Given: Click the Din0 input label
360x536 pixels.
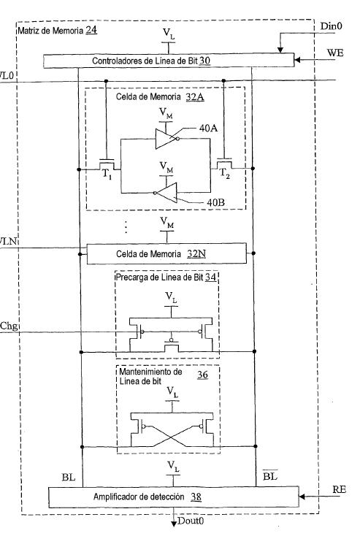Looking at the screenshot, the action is pyautogui.click(x=331, y=26).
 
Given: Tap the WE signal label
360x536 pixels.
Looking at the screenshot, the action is pyautogui.click(x=335, y=53).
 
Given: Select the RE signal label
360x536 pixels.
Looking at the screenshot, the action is pyautogui.click(x=339, y=489).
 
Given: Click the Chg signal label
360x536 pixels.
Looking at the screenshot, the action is pyautogui.click(x=9, y=326).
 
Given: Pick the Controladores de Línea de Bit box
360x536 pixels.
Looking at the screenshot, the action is pyautogui.click(x=169, y=61).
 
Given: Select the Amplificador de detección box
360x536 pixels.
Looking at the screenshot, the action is pyautogui.click(x=174, y=497).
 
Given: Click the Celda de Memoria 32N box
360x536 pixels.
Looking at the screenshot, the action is pyautogui.click(x=166, y=253).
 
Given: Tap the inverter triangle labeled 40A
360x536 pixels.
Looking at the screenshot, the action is pyautogui.click(x=166, y=139).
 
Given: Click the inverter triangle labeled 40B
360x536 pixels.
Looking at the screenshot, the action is pyautogui.click(x=167, y=193).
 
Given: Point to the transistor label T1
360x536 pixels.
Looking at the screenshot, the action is pyautogui.click(x=107, y=174).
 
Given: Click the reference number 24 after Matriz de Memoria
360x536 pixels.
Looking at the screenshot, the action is pyautogui.click(x=91, y=30).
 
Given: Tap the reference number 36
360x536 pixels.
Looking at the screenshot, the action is pyautogui.click(x=202, y=375).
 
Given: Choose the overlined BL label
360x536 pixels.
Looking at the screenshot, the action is pyautogui.click(x=270, y=475).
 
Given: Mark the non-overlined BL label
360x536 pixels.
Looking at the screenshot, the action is pyautogui.click(x=69, y=477).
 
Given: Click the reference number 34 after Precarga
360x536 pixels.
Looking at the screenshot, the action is pyautogui.click(x=210, y=277).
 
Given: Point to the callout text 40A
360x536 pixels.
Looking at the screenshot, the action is pyautogui.click(x=209, y=129).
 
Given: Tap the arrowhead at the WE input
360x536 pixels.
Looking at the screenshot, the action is pyautogui.click(x=297, y=60).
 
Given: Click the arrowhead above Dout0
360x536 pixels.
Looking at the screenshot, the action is pyautogui.click(x=174, y=524).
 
